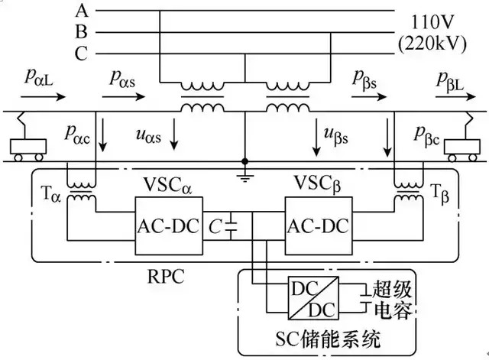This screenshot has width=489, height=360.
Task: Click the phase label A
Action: click(83, 11)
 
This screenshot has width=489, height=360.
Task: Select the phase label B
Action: click(83, 32)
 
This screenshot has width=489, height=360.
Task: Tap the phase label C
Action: click(83, 54)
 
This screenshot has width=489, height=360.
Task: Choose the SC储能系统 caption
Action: click(329, 337)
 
